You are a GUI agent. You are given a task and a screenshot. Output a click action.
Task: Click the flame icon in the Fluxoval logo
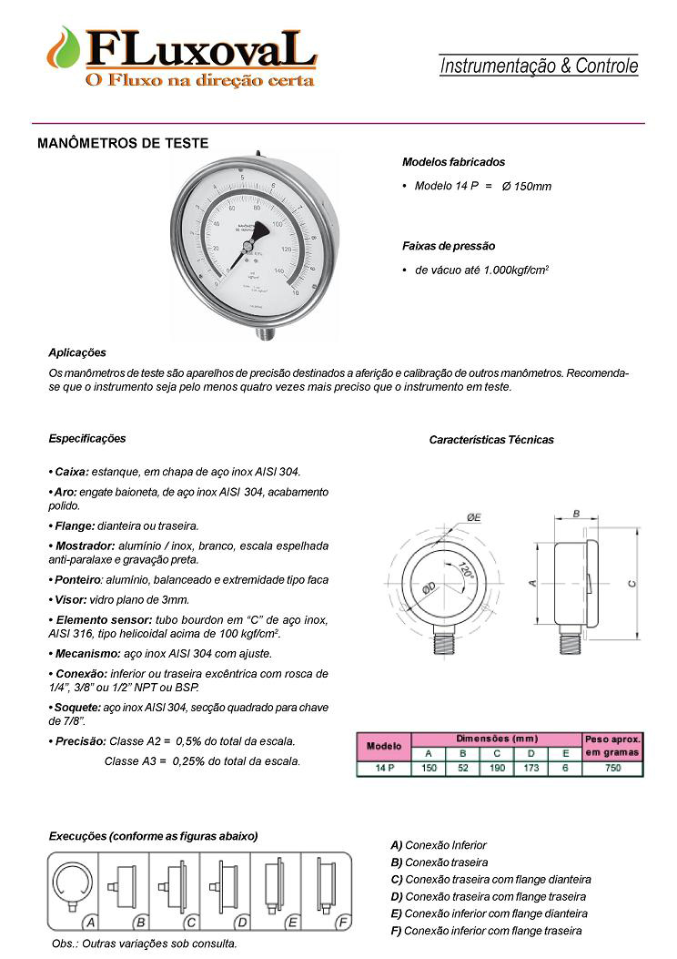point(66,50)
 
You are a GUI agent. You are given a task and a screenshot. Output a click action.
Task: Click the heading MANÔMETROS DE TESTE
point(123,143)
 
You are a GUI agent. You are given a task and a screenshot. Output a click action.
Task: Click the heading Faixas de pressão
point(449,246)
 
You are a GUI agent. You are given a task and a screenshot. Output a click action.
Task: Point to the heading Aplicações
point(77,352)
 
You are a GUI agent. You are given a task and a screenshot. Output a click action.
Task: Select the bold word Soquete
point(72,708)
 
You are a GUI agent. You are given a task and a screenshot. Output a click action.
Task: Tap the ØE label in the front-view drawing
point(474,517)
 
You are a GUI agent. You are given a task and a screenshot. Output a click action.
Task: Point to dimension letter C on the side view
point(632,583)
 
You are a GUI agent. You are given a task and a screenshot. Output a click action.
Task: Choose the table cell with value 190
point(497,769)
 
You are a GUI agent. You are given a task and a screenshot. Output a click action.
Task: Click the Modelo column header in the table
point(383,746)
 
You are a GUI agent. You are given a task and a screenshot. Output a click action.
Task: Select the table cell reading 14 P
point(383,769)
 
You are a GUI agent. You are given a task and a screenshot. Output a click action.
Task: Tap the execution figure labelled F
point(328,884)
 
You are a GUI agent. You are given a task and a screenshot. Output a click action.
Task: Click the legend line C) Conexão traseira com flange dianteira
point(490,880)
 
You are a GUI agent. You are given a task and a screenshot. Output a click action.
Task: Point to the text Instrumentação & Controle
point(539,66)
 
